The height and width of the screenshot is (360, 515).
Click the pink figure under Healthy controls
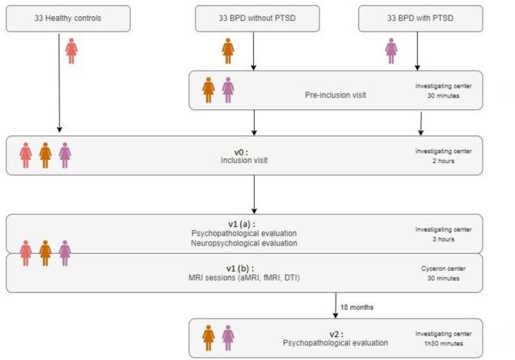(x=72, y=51)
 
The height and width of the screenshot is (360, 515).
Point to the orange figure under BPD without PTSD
(x=228, y=51)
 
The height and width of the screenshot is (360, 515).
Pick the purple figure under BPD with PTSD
(x=391, y=51)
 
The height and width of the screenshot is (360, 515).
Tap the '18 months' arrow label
(x=358, y=306)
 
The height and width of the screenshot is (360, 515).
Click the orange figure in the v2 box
(x=208, y=338)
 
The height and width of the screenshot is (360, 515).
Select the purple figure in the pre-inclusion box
(x=228, y=90)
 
